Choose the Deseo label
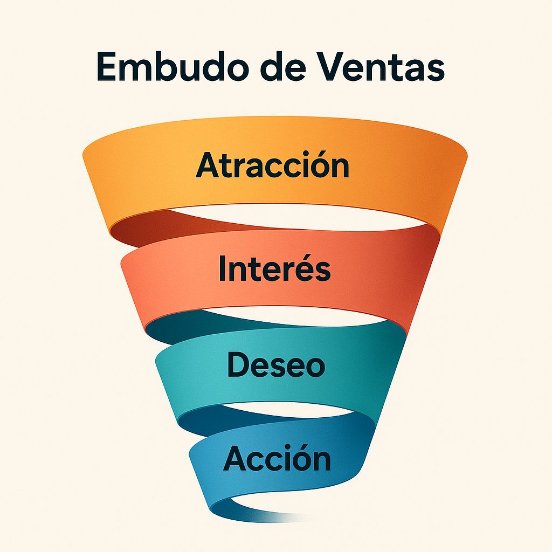[x=276, y=364]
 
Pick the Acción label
[x=277, y=459]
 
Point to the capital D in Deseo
[x=238, y=364]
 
